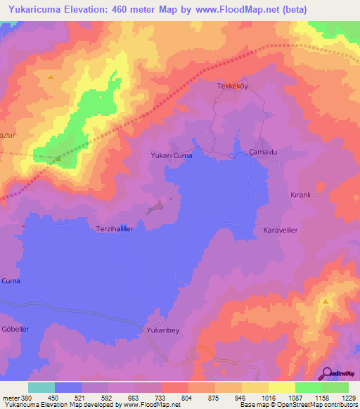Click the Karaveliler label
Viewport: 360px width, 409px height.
(x=282, y=231)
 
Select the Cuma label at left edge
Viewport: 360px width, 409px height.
(x=11, y=280)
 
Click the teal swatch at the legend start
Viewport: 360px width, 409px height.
(x=41, y=387)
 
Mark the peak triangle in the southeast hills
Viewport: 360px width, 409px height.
(x=326, y=301)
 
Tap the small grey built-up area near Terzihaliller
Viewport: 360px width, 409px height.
(x=156, y=207)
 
